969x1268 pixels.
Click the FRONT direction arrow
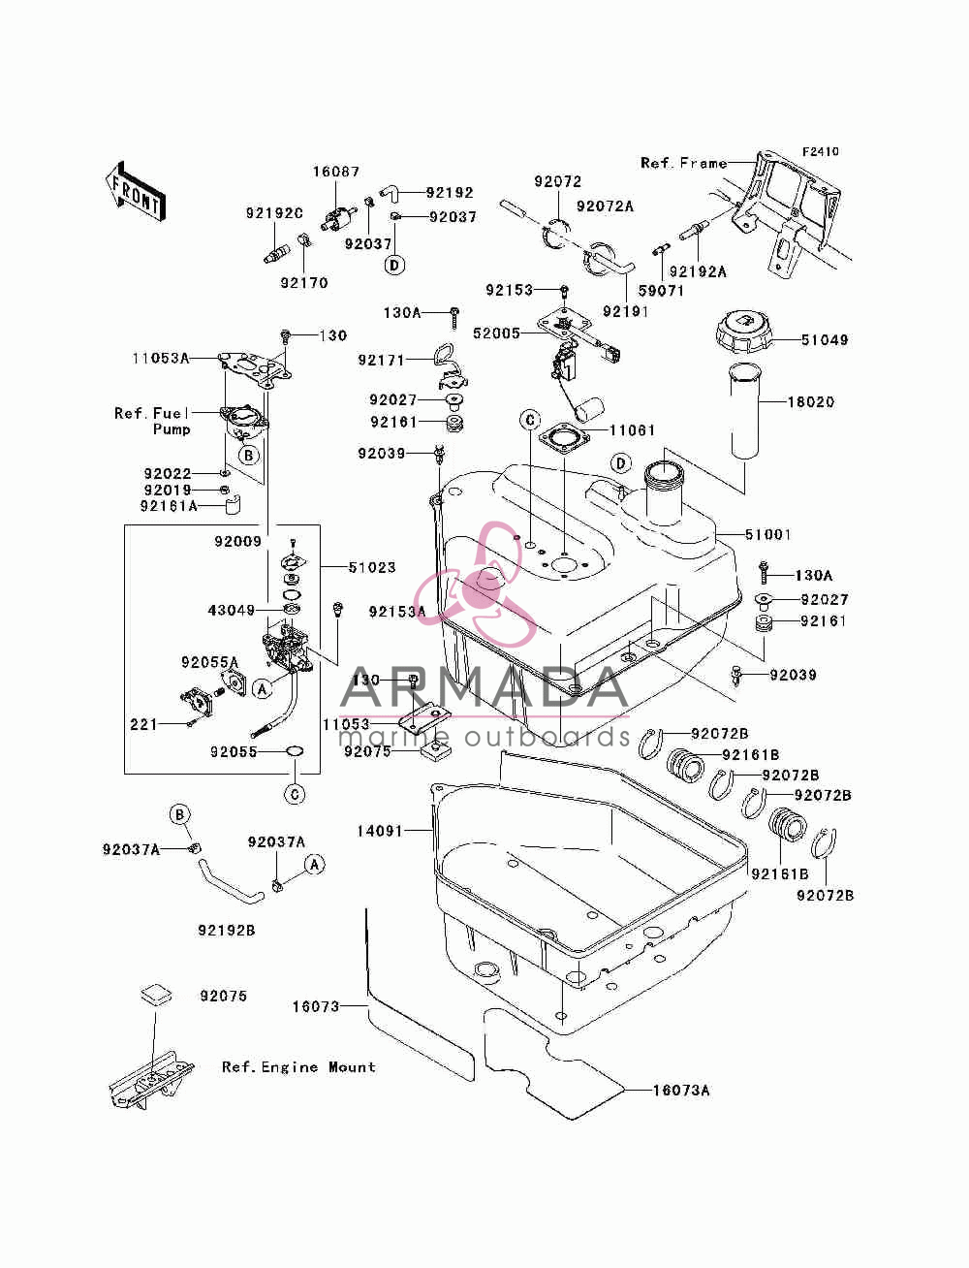(136, 191)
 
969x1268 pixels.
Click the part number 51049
(824, 339)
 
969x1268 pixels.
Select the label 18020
(811, 402)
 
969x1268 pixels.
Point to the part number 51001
(767, 534)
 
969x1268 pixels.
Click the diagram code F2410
(820, 152)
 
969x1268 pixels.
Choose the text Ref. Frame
(684, 164)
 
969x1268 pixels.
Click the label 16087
(336, 172)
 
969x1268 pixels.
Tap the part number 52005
(496, 333)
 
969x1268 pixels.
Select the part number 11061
(633, 430)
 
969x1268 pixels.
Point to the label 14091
(380, 831)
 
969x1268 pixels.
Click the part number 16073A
(681, 1090)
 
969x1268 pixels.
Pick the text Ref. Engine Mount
(298, 1067)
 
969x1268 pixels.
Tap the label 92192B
(227, 931)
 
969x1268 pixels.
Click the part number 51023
(372, 568)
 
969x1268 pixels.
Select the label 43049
(231, 610)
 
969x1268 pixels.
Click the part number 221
(143, 724)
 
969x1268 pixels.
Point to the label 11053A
(161, 359)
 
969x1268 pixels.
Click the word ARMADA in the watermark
(484, 688)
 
